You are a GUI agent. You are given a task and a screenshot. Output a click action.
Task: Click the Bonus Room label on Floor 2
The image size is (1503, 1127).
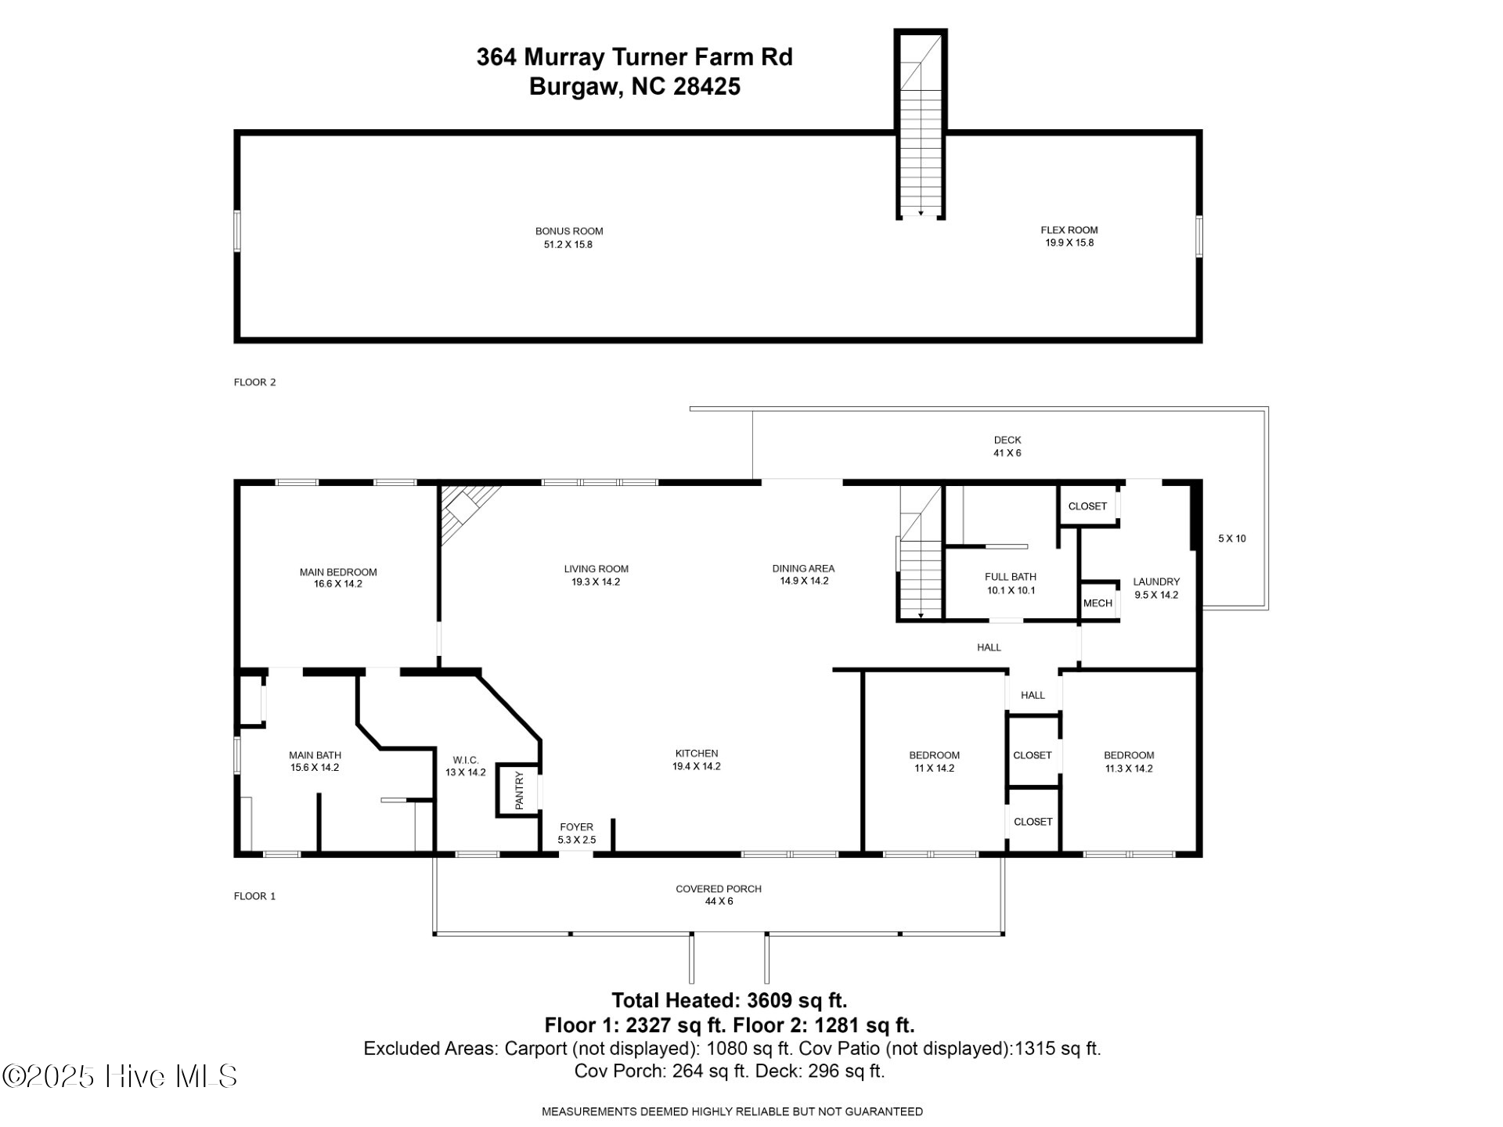click(569, 237)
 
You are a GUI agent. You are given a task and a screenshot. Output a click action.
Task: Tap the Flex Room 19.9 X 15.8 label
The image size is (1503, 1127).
click(1069, 236)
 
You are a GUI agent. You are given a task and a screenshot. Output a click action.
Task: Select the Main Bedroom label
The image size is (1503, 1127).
click(338, 578)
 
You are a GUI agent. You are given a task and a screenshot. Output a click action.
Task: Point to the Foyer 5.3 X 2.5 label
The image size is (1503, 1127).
click(576, 833)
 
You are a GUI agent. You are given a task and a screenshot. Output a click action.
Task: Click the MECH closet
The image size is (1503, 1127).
click(1098, 603)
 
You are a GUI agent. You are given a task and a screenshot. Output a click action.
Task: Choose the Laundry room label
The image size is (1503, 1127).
click(1156, 588)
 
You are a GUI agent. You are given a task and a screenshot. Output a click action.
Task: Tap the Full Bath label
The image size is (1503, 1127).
click(1011, 583)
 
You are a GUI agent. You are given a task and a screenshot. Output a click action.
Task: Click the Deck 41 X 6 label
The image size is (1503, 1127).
click(1007, 446)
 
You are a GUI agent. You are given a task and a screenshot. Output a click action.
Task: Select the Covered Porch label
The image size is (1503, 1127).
click(719, 895)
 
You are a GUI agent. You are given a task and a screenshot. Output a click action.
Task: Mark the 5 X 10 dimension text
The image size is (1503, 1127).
click(1231, 538)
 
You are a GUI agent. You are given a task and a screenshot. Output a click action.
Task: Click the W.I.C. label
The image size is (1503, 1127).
click(465, 765)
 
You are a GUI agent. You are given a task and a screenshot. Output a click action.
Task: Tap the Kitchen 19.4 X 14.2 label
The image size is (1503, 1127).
click(696, 760)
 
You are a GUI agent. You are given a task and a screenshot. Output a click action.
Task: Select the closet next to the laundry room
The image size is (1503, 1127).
click(1087, 506)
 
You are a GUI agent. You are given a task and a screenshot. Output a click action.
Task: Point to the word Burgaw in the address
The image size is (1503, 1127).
click(573, 86)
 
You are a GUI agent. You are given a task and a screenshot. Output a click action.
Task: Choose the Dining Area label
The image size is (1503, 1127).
click(803, 574)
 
